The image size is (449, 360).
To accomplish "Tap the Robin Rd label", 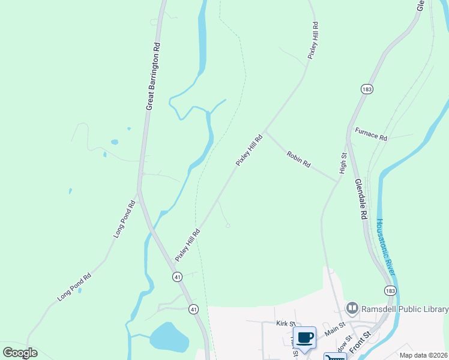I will click(x=298, y=159).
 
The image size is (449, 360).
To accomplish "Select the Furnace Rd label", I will click(x=371, y=134).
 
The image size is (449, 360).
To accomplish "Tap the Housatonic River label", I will click(x=387, y=247).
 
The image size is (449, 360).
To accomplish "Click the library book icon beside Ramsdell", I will click(x=352, y=310).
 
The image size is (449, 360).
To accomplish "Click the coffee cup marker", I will click(x=305, y=337).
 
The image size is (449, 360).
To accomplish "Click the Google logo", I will click(x=20, y=353).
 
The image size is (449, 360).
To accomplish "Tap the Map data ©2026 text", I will click(x=423, y=355).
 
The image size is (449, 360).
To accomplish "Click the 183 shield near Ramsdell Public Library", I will click(x=390, y=290).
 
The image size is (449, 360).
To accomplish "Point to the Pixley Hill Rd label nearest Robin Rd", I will click(x=249, y=151).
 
